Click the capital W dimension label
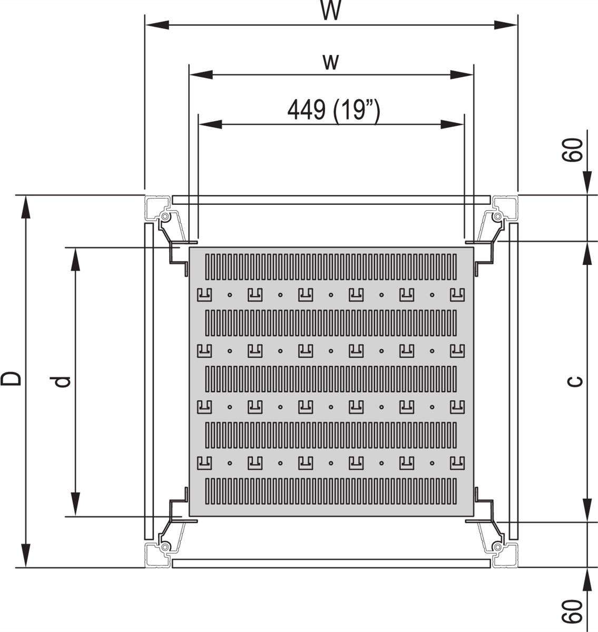coord(331,11)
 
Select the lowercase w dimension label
coord(330,61)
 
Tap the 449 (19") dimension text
coord(333,110)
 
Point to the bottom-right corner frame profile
coord(505,555)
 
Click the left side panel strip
coord(149,381)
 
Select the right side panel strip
coord(514,381)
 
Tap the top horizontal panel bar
coord(331,200)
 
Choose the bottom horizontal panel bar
coord(331,564)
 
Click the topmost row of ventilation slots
coord(331,266)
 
